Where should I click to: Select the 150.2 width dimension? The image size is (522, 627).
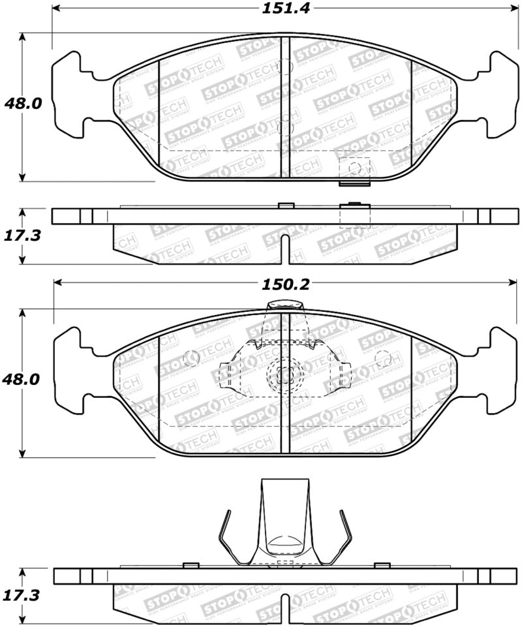[281, 284]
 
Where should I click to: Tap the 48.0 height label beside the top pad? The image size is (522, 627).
[23, 104]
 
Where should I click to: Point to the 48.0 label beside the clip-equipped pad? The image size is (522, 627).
[23, 379]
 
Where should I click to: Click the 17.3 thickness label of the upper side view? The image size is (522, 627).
[23, 235]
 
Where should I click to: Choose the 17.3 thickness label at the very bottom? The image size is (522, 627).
[23, 595]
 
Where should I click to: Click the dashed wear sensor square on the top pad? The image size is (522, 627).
[354, 170]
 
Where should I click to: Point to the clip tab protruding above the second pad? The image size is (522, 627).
[284, 305]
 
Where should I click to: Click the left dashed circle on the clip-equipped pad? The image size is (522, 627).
[192, 358]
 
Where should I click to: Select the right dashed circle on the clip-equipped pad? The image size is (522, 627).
[383, 358]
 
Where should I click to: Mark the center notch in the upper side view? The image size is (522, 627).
[284, 251]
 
